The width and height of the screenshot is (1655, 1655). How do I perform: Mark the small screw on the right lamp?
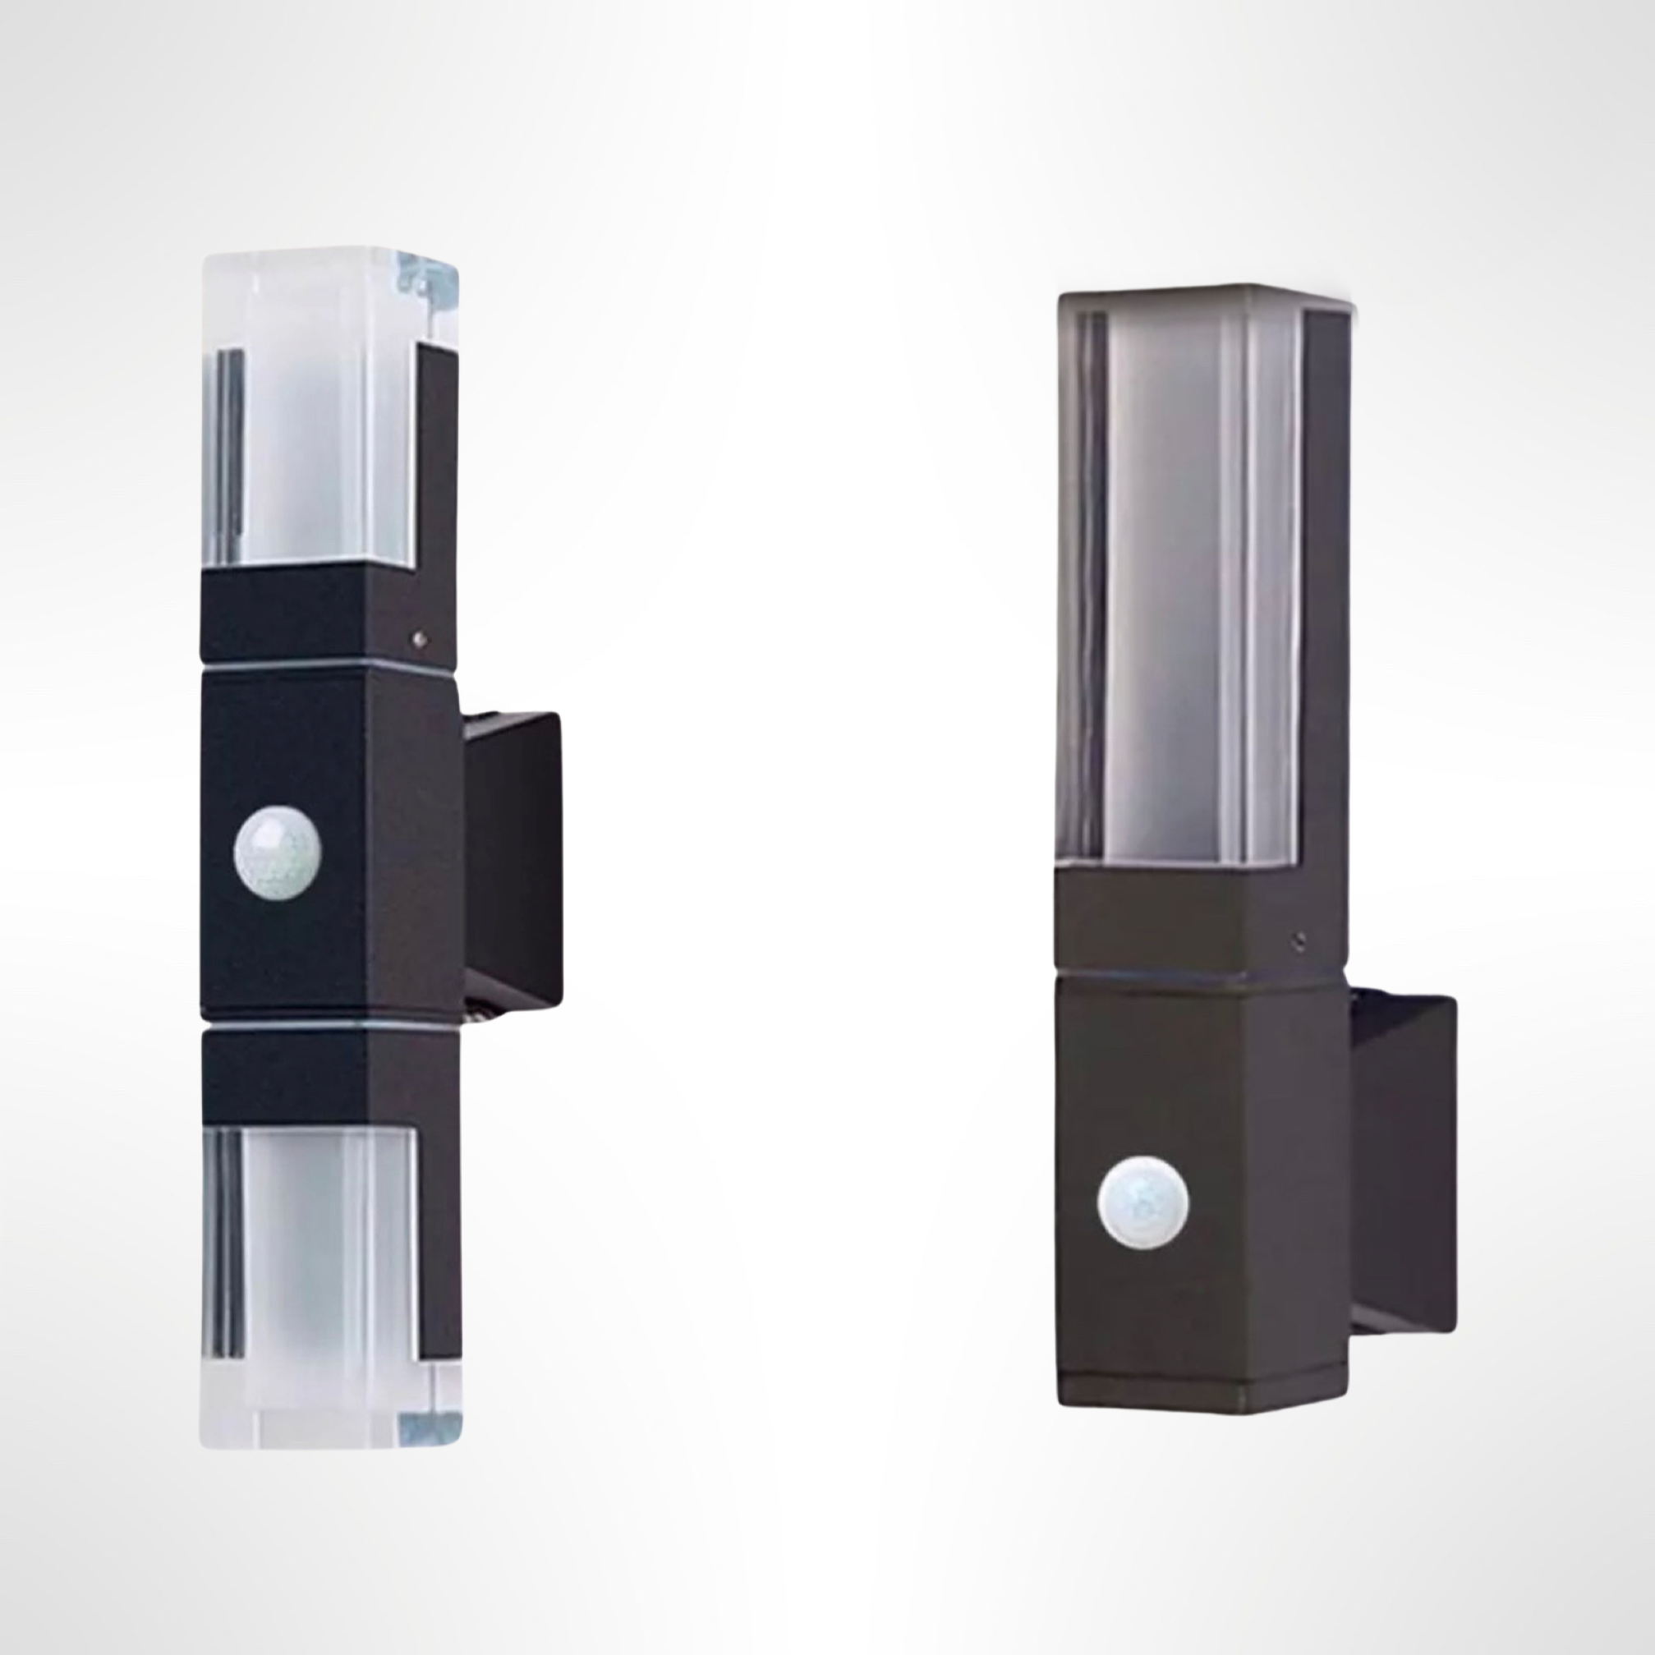[1300, 940]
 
